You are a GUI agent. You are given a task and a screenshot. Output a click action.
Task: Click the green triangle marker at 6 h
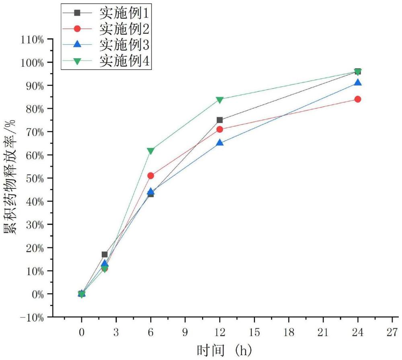(x=151, y=151)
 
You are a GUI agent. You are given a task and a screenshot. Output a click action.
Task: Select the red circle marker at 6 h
(x=151, y=176)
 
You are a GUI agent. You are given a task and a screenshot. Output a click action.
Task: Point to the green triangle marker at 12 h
(x=219, y=100)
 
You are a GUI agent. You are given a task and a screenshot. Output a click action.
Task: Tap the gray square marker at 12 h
(x=219, y=120)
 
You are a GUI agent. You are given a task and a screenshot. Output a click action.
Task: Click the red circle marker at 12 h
(x=219, y=129)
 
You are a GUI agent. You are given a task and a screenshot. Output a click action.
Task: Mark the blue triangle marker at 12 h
(x=219, y=143)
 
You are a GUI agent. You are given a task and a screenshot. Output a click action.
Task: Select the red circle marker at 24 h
(x=358, y=99)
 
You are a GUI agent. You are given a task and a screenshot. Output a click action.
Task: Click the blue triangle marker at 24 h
(x=358, y=83)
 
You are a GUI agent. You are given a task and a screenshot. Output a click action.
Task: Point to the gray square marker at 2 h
(x=105, y=254)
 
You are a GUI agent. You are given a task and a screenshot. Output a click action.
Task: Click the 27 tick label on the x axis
(x=392, y=333)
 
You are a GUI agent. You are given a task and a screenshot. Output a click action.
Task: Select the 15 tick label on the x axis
(x=254, y=333)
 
